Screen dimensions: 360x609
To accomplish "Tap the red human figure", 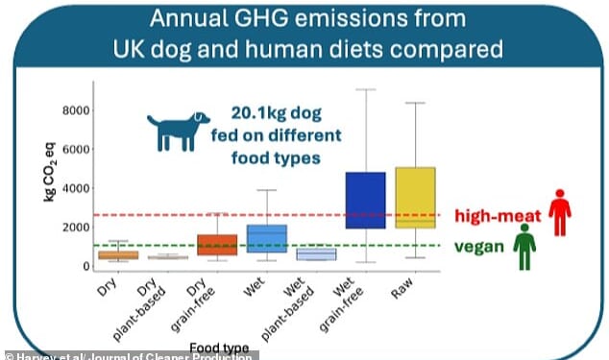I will (561, 211).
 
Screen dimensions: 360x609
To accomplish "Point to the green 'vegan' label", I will (480, 246).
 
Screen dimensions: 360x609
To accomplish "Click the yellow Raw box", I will (415, 197).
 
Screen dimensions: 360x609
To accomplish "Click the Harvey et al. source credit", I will (130, 354).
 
